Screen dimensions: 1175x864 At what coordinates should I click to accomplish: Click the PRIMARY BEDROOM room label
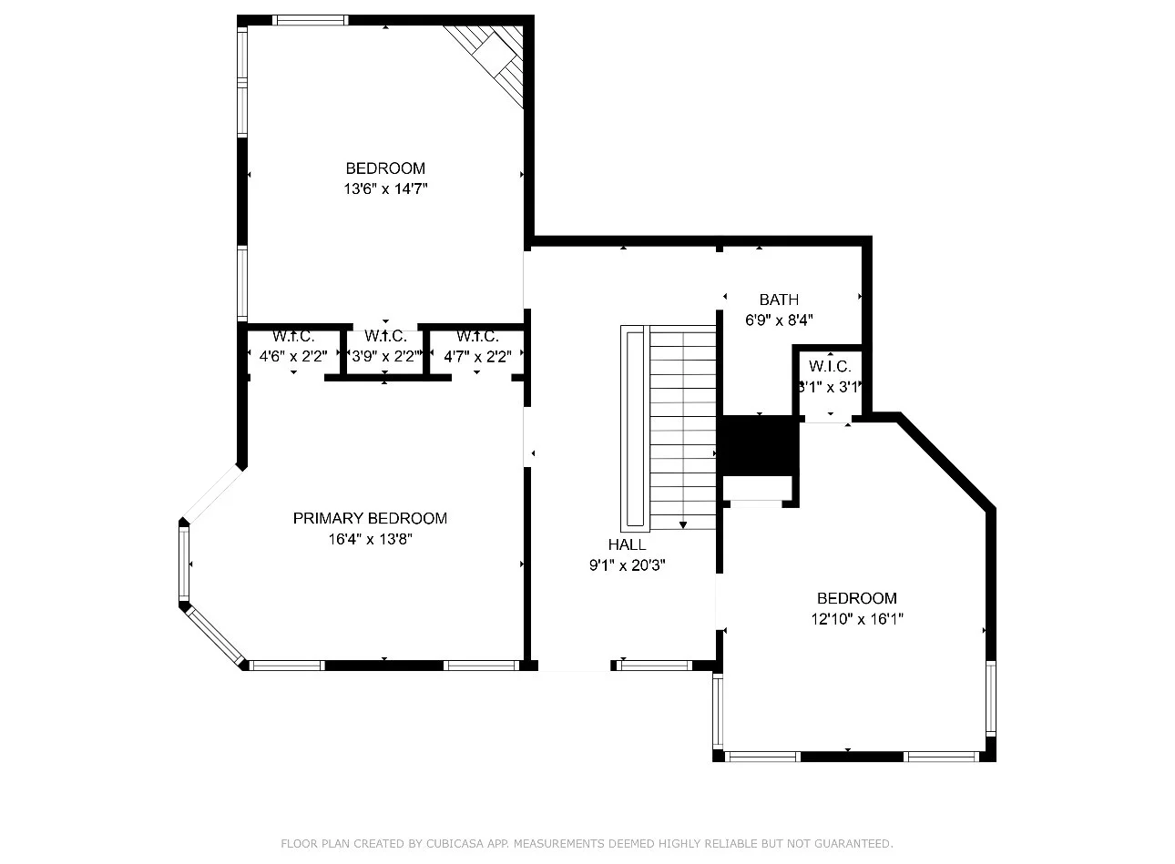pos(370,518)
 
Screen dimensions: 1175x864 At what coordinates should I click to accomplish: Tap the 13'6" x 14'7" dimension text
pos(385,188)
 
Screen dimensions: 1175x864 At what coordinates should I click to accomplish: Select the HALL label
pos(627,544)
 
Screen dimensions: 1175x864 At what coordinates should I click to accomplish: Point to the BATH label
pos(779,300)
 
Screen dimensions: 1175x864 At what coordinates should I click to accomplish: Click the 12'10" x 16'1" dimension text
pos(857,619)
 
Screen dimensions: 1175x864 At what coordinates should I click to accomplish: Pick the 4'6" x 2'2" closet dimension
pos(293,357)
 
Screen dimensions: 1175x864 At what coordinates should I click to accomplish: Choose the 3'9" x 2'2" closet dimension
pos(385,357)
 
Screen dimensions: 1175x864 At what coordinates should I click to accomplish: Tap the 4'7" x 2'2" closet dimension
pos(477,357)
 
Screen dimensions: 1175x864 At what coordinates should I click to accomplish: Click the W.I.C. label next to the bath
pos(830,366)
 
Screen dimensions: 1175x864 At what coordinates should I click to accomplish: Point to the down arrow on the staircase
pos(683,524)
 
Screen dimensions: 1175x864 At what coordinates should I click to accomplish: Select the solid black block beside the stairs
pos(758,445)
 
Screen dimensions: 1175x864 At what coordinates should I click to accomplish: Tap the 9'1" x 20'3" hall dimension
pos(627,565)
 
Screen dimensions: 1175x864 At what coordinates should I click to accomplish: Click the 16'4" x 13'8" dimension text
pos(371,539)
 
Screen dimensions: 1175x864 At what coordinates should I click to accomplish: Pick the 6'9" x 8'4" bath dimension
pos(779,320)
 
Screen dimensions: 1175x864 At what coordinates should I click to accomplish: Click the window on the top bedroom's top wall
pos(310,20)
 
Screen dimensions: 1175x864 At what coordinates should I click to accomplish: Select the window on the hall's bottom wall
pos(654,666)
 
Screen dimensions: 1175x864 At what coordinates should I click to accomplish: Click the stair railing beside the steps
pos(635,428)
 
